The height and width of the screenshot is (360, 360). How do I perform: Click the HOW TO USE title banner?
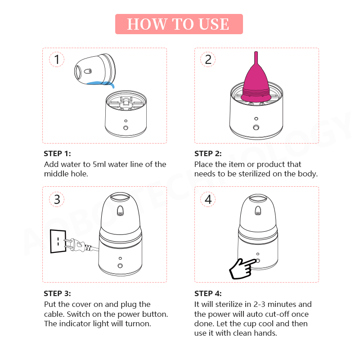pyautogui.click(x=179, y=24)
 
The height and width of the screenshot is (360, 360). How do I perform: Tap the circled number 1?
pyautogui.click(x=57, y=59)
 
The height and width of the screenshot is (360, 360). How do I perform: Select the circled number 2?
pyautogui.click(x=208, y=59)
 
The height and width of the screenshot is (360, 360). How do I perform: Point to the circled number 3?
pyautogui.click(x=57, y=199)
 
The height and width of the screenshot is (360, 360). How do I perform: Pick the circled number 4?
pyautogui.click(x=208, y=199)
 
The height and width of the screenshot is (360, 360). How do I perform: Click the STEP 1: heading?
pyautogui.click(x=58, y=153)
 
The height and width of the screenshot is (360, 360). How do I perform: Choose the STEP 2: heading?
pyautogui.click(x=208, y=153)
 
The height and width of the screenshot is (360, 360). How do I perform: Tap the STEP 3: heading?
pyautogui.click(x=58, y=293)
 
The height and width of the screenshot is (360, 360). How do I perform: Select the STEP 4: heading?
pyautogui.click(x=208, y=293)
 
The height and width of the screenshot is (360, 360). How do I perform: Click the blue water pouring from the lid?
pyautogui.click(x=101, y=83)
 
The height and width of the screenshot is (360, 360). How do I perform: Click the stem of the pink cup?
pyautogui.click(x=256, y=58)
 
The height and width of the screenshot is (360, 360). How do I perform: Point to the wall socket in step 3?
pyautogui.click(x=58, y=241)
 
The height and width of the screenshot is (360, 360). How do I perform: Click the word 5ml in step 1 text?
pyautogui.click(x=99, y=164)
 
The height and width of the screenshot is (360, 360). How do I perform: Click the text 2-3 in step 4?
pyautogui.click(x=259, y=305)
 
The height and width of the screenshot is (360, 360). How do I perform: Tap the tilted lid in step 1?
pyautogui.click(x=95, y=69)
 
